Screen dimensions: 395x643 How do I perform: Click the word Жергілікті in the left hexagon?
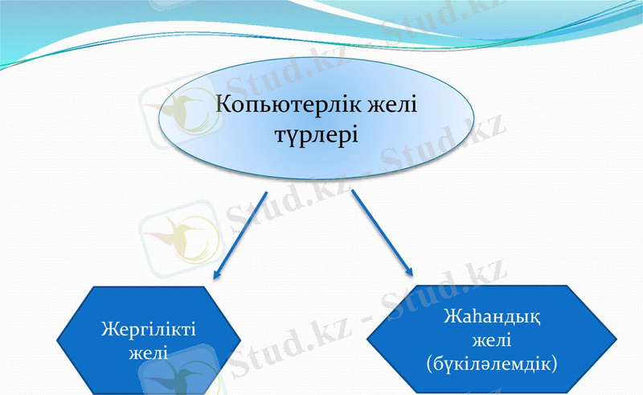[149, 330]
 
